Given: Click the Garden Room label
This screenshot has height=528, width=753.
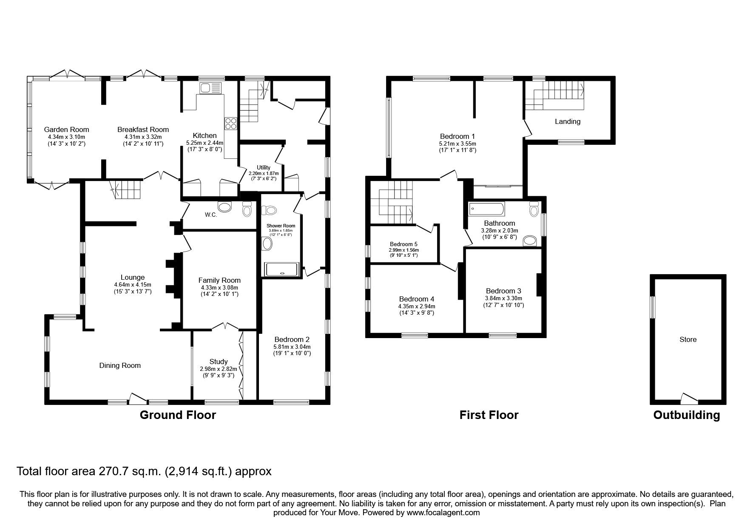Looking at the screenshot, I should (67, 129).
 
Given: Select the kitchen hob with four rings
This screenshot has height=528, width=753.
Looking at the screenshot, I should (230, 123).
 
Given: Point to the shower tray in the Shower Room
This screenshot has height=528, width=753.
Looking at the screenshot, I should (282, 270).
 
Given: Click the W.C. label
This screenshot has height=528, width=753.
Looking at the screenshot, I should (211, 215).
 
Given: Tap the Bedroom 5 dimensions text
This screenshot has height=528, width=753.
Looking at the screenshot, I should (403, 250).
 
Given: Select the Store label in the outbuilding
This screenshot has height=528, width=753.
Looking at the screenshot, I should (688, 339).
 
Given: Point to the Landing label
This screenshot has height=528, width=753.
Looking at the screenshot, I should (567, 121).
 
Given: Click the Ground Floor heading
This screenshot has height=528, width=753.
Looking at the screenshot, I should (178, 415).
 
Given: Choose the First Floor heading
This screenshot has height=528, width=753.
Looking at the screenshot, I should (489, 415).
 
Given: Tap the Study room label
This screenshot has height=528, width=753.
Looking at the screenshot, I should (219, 362).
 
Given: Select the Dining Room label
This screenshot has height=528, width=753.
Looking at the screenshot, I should (120, 365).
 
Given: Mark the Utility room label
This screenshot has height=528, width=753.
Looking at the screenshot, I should (263, 167).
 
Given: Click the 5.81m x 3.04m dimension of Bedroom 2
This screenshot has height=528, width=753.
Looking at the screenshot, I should (292, 347).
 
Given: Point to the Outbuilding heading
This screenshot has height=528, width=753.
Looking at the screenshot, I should (686, 415).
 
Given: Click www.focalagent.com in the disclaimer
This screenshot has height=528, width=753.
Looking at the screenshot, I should (443, 513).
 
